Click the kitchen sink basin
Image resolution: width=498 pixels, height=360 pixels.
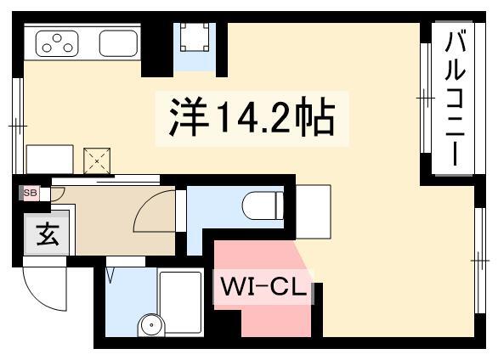(x=118, y=43)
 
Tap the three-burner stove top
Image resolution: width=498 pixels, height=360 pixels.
(x=57, y=43)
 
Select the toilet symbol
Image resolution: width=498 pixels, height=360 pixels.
(x=263, y=205)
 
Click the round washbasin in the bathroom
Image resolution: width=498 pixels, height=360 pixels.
(x=152, y=325)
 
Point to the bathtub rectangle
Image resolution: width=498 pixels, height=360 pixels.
(x=180, y=302)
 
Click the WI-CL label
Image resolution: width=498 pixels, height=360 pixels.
(x=263, y=288)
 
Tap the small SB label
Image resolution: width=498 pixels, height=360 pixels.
(x=31, y=193)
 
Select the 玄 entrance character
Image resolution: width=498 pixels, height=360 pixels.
(x=48, y=234)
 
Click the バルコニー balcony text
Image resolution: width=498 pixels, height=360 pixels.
(x=456, y=97)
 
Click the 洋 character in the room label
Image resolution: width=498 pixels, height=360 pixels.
(x=189, y=116)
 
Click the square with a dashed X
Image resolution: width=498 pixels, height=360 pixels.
(x=97, y=160)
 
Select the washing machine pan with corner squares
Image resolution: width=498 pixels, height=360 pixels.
(x=195, y=37)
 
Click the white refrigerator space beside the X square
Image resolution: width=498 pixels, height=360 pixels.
(x=50, y=160)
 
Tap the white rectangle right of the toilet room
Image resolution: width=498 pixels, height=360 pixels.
(x=314, y=211)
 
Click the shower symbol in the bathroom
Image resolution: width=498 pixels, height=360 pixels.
(x=110, y=276)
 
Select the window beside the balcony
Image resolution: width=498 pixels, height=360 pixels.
(x=426, y=98)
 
